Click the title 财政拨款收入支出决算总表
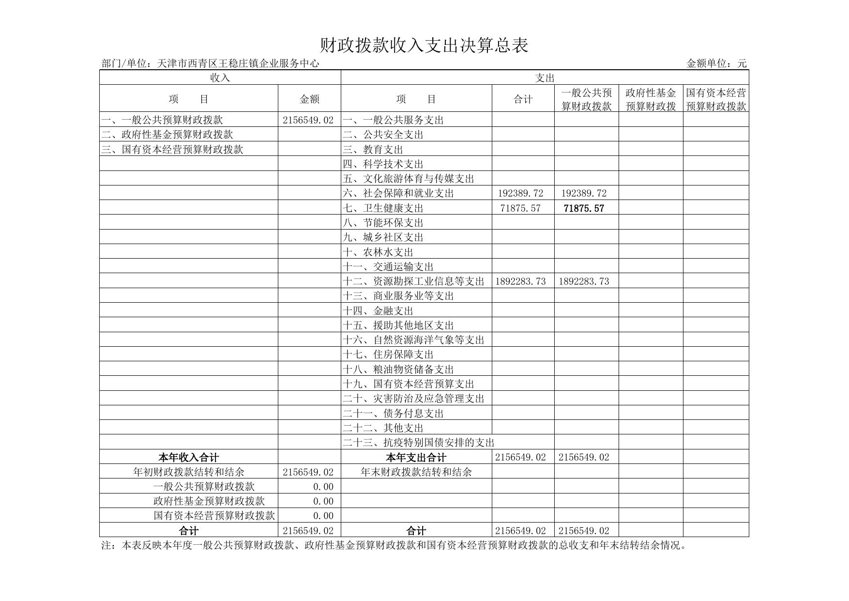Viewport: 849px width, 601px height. click(x=424, y=46)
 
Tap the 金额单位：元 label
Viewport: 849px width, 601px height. click(x=716, y=63)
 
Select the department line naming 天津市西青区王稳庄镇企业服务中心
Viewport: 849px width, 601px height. click(x=211, y=63)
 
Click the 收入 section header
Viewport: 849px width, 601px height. click(x=220, y=77)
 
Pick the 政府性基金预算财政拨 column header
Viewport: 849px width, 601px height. click(x=651, y=99)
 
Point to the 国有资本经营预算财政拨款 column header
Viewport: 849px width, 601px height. click(x=716, y=99)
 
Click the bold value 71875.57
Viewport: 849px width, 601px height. click(x=584, y=208)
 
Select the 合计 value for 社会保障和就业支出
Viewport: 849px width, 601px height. click(x=521, y=193)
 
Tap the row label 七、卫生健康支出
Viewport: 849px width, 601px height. click(x=383, y=208)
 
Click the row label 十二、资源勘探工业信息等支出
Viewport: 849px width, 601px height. click(x=414, y=281)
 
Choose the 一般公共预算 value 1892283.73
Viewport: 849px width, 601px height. click(x=584, y=281)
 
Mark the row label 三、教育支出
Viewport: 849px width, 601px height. click(x=373, y=150)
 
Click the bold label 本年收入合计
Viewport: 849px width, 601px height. click(x=189, y=457)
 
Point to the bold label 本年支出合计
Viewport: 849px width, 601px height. click(x=416, y=457)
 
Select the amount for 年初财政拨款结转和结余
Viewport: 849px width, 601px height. click(x=308, y=472)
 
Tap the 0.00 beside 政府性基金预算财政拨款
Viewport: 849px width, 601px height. click(x=323, y=501)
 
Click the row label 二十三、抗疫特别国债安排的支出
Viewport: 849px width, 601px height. click(x=419, y=443)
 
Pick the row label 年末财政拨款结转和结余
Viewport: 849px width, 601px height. click(x=416, y=472)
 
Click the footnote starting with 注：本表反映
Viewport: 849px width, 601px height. click(x=394, y=546)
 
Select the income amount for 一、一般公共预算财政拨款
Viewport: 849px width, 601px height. click(x=308, y=120)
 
